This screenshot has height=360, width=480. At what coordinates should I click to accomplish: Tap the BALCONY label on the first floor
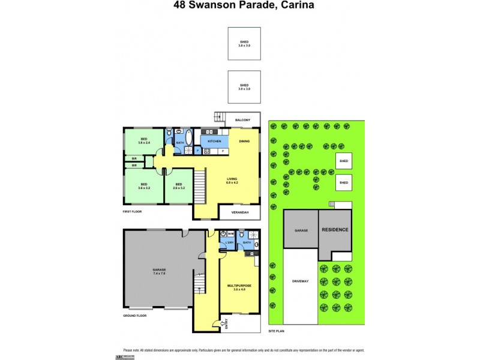coord(243,121)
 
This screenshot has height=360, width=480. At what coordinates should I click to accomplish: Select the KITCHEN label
coord(214,142)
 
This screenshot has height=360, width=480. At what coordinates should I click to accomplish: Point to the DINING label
coord(244,142)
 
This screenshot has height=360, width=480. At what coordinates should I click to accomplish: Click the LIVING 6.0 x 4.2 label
coord(232,181)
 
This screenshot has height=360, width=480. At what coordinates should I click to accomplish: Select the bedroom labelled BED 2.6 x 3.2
coord(179,186)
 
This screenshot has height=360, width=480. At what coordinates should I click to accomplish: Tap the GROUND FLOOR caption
coord(135,315)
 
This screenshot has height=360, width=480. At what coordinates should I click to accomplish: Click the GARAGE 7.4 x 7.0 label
coord(159,271)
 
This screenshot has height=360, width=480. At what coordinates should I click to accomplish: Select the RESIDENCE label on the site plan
coord(335,229)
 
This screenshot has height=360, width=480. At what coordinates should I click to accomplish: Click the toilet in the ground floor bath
coord(242,236)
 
